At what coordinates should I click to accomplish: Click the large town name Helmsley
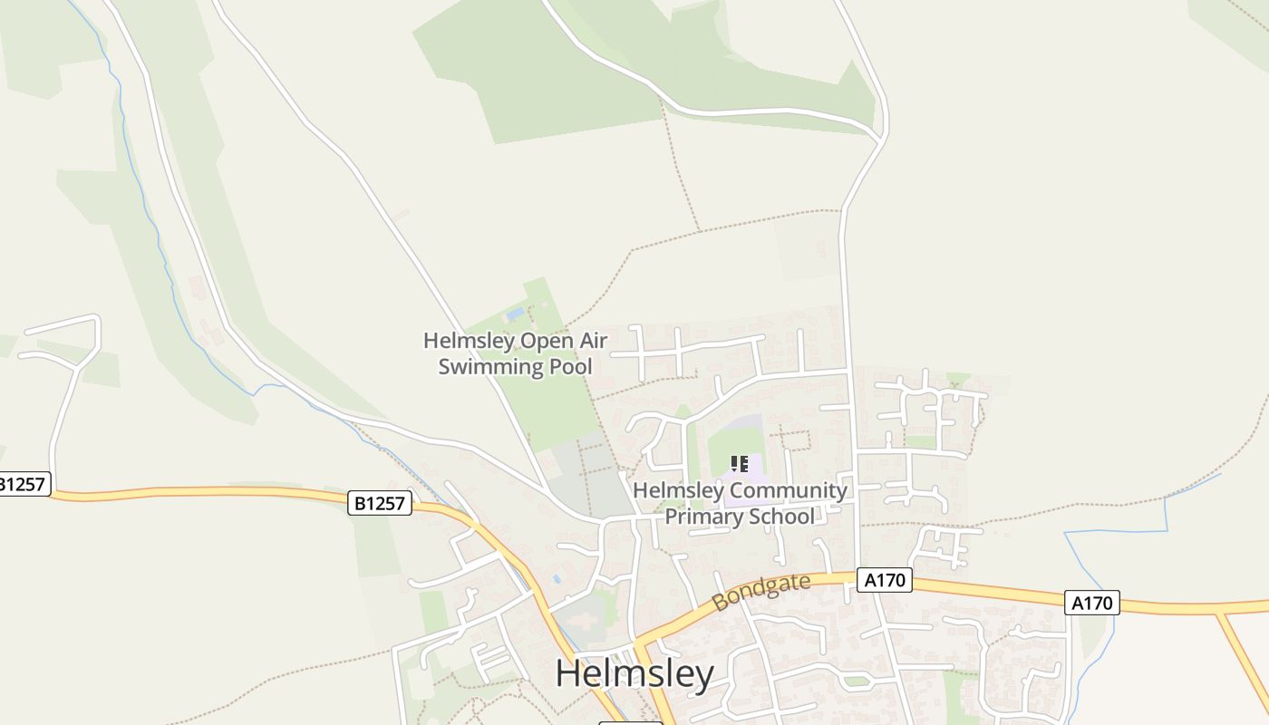click(634, 674)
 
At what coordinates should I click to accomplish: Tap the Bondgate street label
click(761, 591)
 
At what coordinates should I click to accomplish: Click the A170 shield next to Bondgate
click(885, 580)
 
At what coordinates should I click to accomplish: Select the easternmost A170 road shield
click(1091, 603)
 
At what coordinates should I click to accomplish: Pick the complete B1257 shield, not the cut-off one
click(380, 503)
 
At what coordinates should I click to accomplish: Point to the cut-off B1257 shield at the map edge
click(22, 484)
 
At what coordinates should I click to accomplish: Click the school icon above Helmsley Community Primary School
click(740, 464)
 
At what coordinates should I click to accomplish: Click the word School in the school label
click(781, 517)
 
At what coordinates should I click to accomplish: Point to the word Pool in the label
click(570, 366)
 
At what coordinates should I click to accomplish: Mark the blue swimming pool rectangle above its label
click(515, 314)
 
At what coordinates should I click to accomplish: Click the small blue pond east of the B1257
click(556, 577)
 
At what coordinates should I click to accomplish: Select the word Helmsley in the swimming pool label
click(468, 341)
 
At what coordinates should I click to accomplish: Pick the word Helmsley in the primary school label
click(677, 491)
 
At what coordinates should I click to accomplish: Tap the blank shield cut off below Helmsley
click(631, 722)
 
